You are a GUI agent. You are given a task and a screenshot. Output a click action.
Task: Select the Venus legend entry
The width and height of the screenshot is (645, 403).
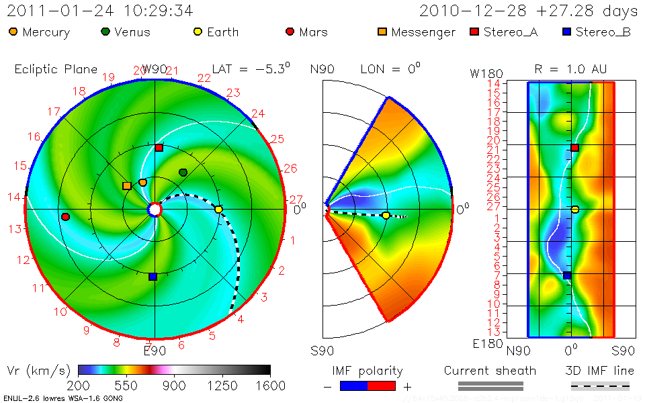click(x=126, y=32)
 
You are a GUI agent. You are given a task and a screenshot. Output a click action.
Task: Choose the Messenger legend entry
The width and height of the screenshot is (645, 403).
click(x=416, y=32)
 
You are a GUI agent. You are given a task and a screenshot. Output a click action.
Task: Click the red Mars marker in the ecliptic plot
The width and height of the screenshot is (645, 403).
click(x=65, y=217)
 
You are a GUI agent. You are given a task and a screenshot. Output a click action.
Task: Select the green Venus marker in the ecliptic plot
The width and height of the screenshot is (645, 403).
click(x=183, y=173)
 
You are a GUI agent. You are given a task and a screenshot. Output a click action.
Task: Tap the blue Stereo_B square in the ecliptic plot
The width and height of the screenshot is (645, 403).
click(x=153, y=276)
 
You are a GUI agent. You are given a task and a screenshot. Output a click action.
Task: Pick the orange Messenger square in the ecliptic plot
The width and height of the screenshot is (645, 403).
click(x=126, y=185)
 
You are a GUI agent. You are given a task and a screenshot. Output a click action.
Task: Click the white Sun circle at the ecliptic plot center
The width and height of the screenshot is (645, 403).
click(x=155, y=210)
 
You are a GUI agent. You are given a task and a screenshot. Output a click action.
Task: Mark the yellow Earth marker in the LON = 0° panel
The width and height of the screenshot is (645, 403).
click(x=386, y=216)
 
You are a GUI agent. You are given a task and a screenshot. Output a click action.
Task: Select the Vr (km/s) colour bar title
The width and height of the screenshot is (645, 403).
click(x=38, y=371)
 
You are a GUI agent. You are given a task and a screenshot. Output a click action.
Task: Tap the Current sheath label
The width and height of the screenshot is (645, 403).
click(x=490, y=371)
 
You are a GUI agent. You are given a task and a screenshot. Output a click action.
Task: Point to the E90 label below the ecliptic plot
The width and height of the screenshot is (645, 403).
click(x=155, y=349)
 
